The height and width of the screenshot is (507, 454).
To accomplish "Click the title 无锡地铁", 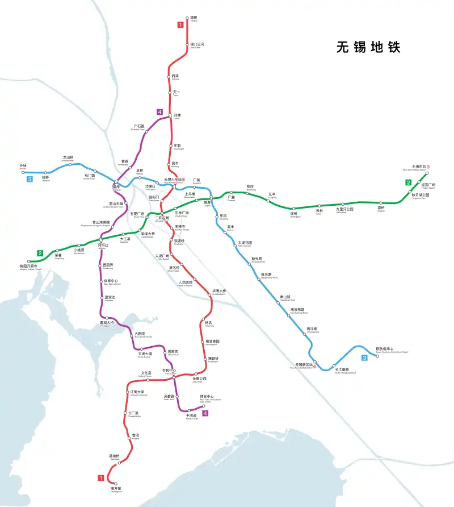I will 368,47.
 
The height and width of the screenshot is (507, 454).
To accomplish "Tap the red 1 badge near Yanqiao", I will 180,24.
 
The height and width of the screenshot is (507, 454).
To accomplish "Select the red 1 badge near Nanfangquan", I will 100,478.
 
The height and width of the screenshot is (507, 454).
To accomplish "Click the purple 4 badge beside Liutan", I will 160,113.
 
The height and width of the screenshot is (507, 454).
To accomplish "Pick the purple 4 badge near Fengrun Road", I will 205,413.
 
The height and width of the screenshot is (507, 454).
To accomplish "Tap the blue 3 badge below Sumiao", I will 29,180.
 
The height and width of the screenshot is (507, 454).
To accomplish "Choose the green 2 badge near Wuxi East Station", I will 408,182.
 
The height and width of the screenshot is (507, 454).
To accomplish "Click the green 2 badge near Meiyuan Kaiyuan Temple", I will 40,253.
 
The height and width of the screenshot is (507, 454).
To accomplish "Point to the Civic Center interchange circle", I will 175,376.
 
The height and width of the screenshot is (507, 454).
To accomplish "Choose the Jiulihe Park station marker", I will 344,204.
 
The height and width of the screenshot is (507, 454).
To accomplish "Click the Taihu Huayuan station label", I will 245,243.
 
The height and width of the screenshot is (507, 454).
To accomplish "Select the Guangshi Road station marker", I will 146,132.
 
